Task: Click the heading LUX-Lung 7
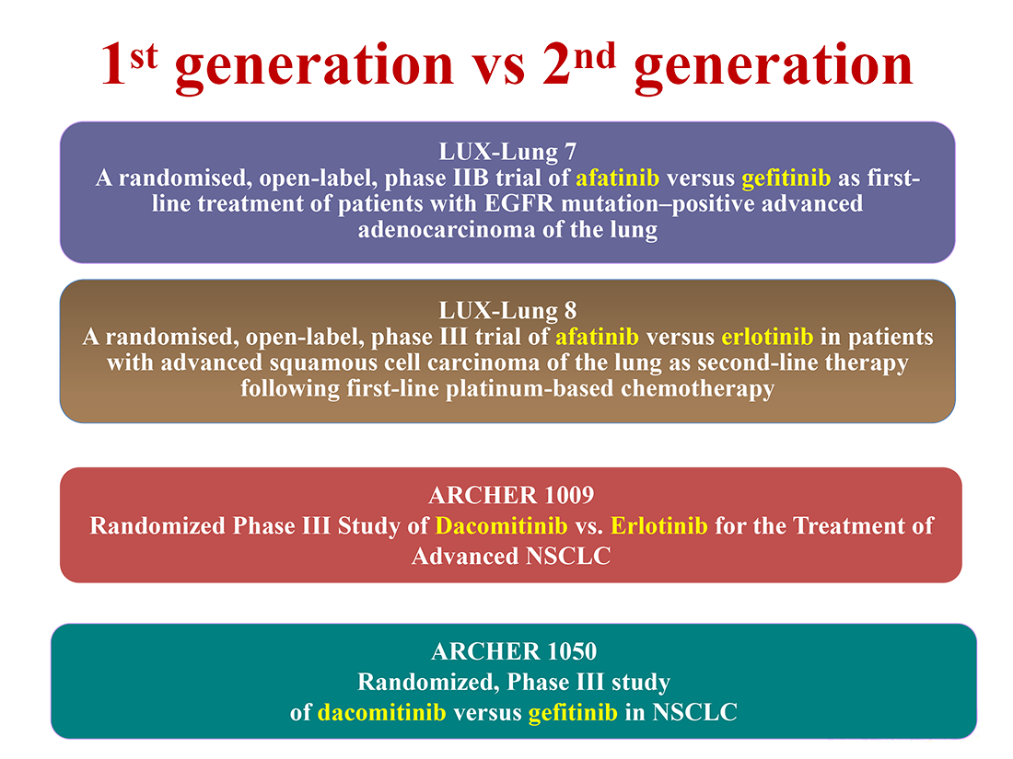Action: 507,152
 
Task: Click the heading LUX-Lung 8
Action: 507,310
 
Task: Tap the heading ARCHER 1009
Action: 511,495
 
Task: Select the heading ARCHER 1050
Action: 514,651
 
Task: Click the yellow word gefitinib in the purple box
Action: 786,178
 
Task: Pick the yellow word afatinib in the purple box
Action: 618,178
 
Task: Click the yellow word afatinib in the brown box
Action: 597,336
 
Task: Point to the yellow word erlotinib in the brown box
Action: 767,336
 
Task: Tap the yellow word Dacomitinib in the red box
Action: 501,525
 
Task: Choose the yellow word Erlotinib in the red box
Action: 659,525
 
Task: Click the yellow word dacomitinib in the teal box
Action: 382,712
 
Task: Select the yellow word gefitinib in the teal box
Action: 573,712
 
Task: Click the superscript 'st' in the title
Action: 144,56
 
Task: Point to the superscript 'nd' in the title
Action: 594,56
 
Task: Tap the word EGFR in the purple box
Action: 518,203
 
